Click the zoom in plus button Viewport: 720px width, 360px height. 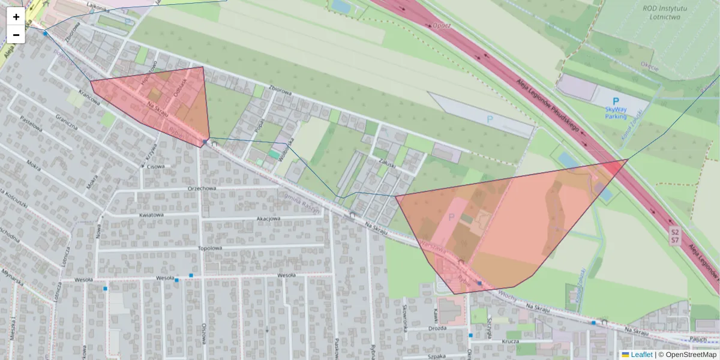pyautogui.click(x=16, y=17)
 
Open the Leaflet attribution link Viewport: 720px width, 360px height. pyautogui.click(x=641, y=355)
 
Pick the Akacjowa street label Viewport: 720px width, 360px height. pyautogui.click(x=268, y=219)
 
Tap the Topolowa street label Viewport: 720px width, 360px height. pyautogui.click(x=209, y=248)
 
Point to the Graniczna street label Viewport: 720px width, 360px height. pyautogui.click(x=67, y=122)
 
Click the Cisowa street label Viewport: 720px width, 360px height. pyautogui.click(x=155, y=167)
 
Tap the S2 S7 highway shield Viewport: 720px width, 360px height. pyautogui.click(x=675, y=236)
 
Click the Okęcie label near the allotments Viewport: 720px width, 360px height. pyautogui.click(x=649, y=67)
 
